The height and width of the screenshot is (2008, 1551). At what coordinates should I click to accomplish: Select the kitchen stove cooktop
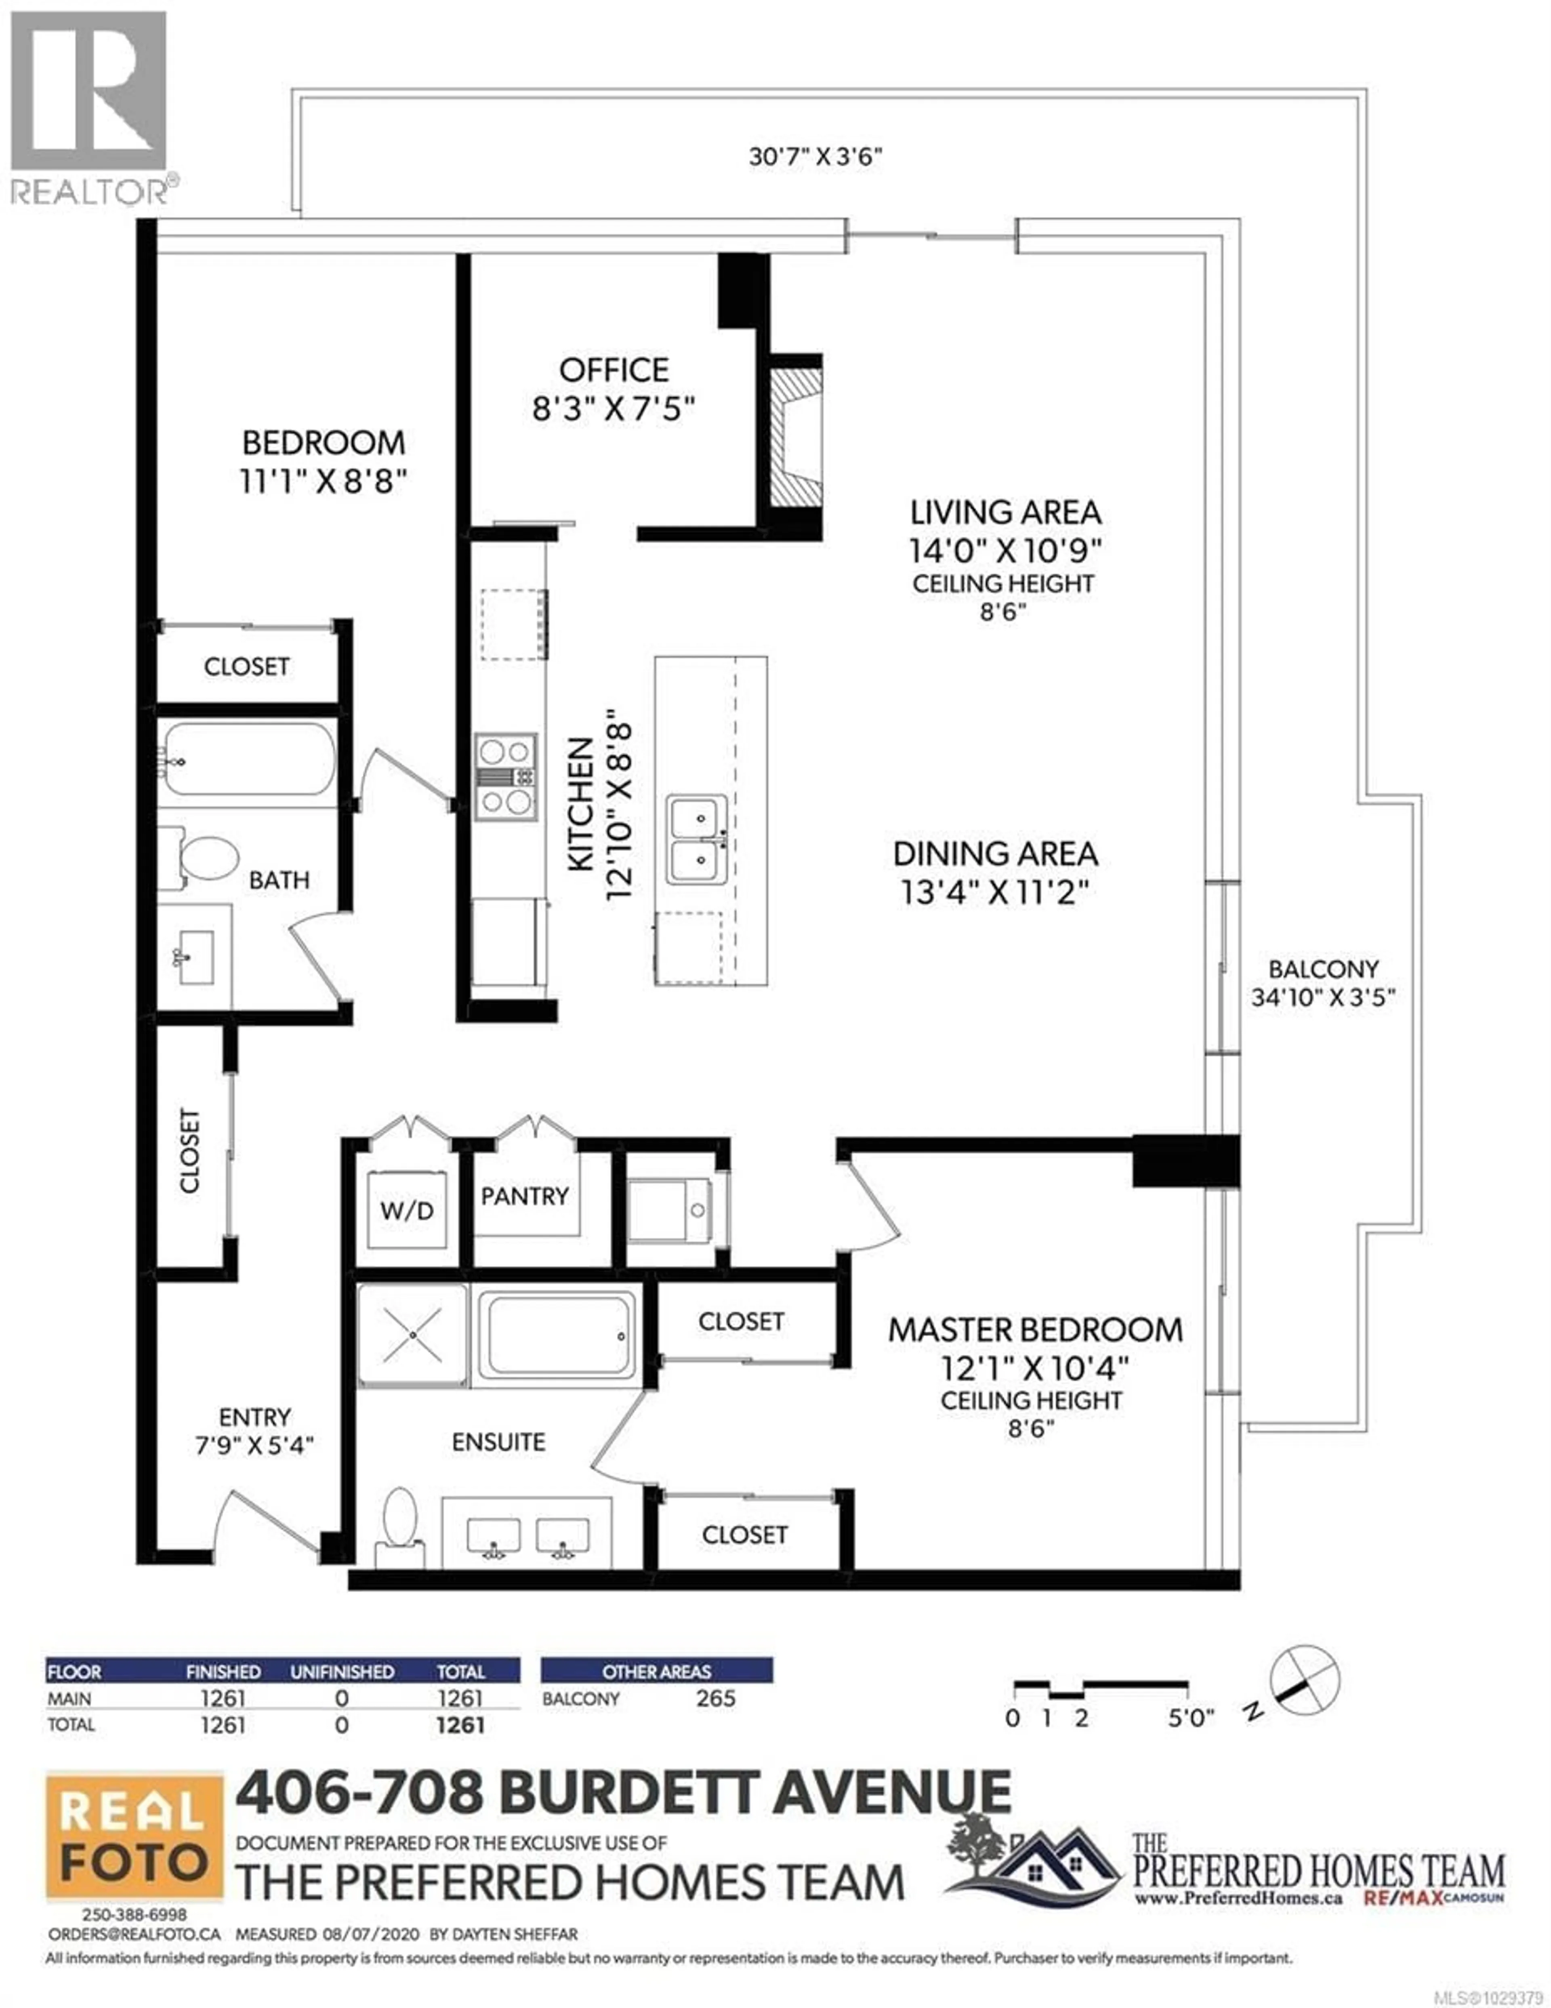[x=505, y=777]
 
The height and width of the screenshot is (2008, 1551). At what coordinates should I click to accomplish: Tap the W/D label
[x=406, y=1211]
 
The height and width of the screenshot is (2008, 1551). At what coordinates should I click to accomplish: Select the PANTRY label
[x=524, y=1196]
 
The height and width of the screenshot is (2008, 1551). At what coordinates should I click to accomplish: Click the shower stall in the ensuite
[x=413, y=1335]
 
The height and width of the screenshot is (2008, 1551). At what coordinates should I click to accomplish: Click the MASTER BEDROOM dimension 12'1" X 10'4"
[x=1034, y=1369]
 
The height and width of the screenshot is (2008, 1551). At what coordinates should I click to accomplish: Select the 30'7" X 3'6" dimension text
[x=815, y=156]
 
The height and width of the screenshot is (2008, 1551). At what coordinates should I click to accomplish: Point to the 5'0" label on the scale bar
[x=1191, y=1718]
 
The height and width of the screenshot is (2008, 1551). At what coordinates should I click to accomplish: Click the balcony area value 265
[x=715, y=1698]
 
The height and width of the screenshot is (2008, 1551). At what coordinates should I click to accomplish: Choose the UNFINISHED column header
[x=342, y=1672]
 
